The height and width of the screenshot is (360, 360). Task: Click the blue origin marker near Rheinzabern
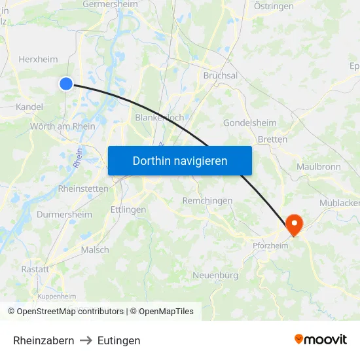pyautogui.click(x=66, y=83)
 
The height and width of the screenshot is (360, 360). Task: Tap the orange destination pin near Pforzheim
pyautogui.click(x=295, y=225)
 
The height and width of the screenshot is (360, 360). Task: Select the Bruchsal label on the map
pyautogui.click(x=220, y=75)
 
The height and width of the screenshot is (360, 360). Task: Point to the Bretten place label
pyautogui.click(x=272, y=139)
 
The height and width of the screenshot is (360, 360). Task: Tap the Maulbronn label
pyautogui.click(x=319, y=167)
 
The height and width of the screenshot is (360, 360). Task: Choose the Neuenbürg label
pyautogui.click(x=215, y=276)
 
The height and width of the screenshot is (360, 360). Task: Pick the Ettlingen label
pyautogui.click(x=128, y=209)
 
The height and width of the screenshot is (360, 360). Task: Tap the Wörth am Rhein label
pyautogui.click(x=63, y=126)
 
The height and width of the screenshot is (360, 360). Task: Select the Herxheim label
pyautogui.click(x=38, y=59)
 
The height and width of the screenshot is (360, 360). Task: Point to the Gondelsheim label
pyautogui.click(x=249, y=123)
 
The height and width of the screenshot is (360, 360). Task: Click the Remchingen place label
pyautogui.click(x=207, y=200)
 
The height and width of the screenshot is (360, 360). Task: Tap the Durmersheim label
pyautogui.click(x=63, y=214)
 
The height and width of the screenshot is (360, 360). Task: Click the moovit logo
pyautogui.click(x=321, y=339)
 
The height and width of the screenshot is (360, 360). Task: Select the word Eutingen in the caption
pyautogui.click(x=118, y=340)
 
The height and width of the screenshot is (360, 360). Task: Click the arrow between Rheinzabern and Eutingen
pyautogui.click(x=86, y=340)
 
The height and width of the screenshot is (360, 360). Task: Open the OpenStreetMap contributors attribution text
pyautogui.click(x=66, y=312)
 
